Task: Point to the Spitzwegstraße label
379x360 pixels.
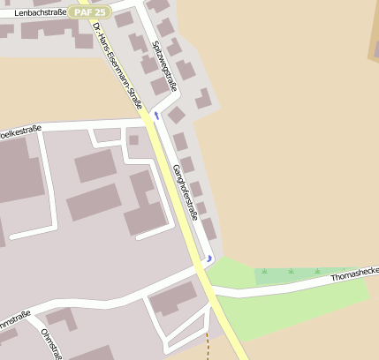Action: coord(164,66)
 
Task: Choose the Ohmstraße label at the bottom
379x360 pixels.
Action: coord(52,343)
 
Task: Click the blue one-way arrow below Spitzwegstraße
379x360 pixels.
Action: coord(156,116)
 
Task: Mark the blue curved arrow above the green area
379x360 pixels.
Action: coord(208,259)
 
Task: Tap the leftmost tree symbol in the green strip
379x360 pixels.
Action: coord(264,272)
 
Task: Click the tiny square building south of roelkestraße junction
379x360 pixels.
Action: coord(133,139)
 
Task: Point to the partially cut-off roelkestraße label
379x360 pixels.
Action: coord(21,128)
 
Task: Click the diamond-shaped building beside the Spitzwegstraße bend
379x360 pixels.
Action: coord(176,115)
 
